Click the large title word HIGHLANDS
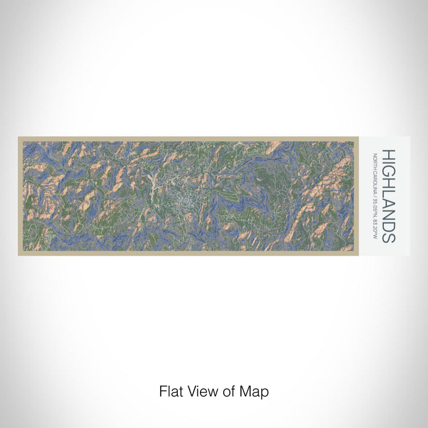point(389,196)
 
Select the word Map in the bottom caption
point(256,391)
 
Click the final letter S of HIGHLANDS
point(389,237)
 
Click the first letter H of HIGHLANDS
point(389,154)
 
